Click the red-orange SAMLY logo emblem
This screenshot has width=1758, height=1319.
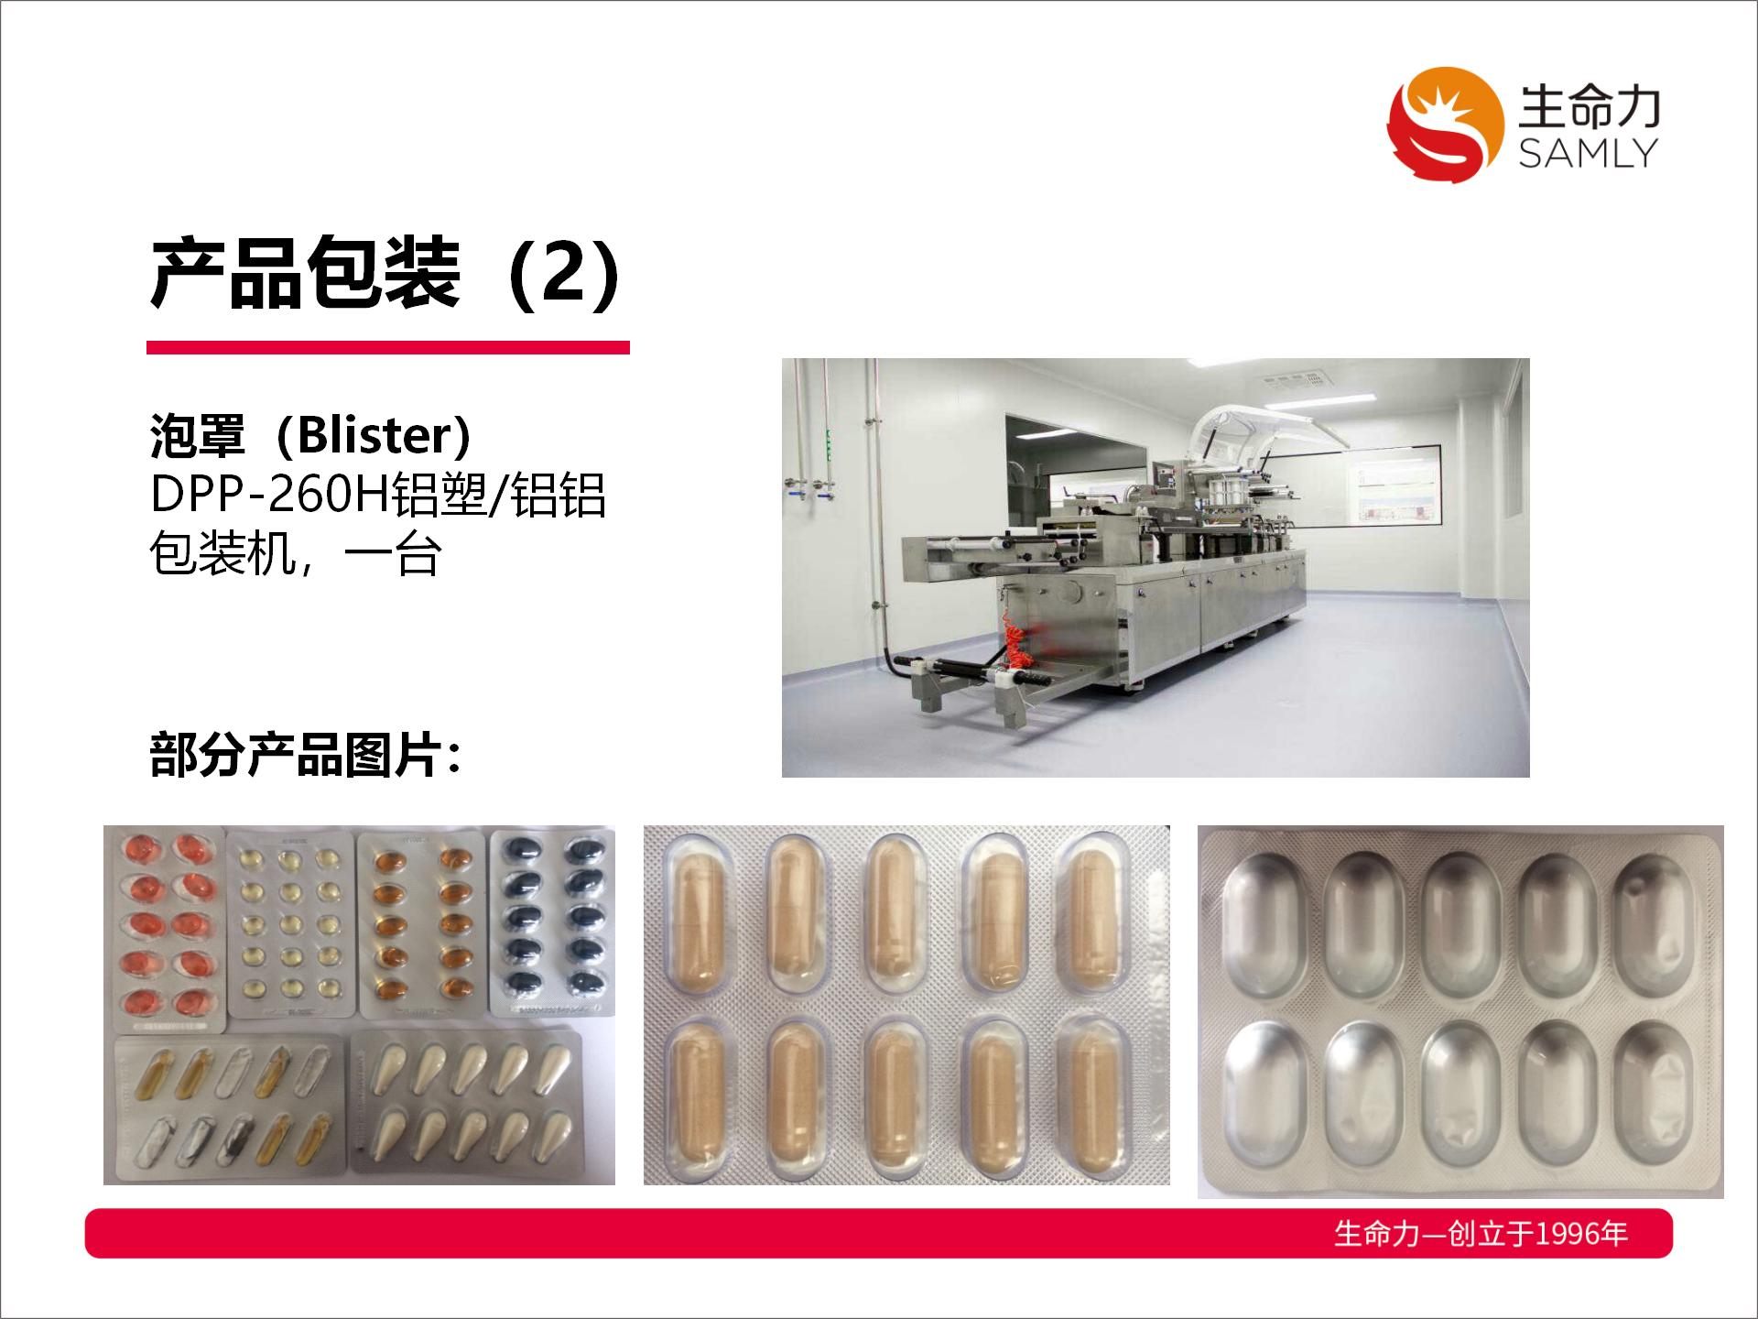1446,124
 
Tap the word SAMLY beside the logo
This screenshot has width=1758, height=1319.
1588,153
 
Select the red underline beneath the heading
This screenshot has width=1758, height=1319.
388,347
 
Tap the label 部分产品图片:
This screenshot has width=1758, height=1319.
304,757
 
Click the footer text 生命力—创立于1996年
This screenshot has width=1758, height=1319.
1481,1234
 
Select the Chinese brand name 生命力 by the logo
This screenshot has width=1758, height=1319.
1589,107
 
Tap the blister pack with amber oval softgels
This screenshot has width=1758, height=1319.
421,923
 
